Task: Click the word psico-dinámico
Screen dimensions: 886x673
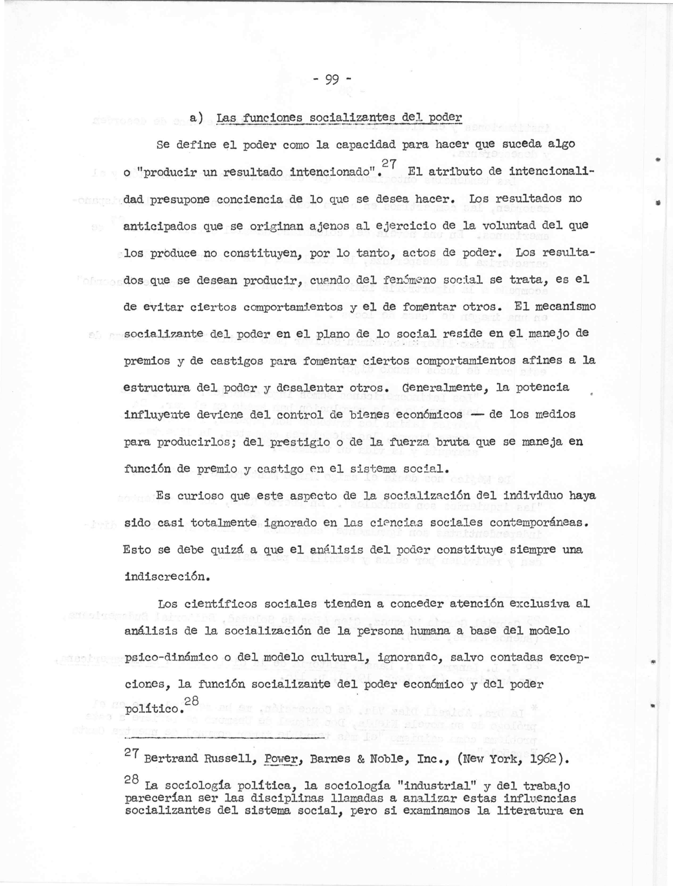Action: pyautogui.click(x=172, y=658)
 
